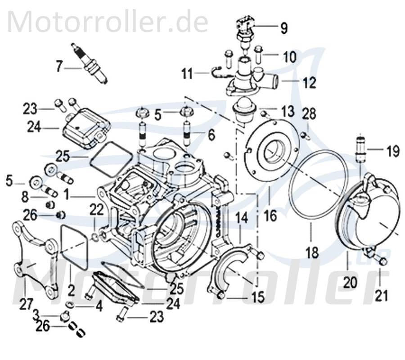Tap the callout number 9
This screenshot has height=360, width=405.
click(283, 29)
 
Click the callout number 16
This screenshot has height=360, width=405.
click(270, 217)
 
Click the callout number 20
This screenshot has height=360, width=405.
click(351, 283)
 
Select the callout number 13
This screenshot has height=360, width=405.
click(288, 111)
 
